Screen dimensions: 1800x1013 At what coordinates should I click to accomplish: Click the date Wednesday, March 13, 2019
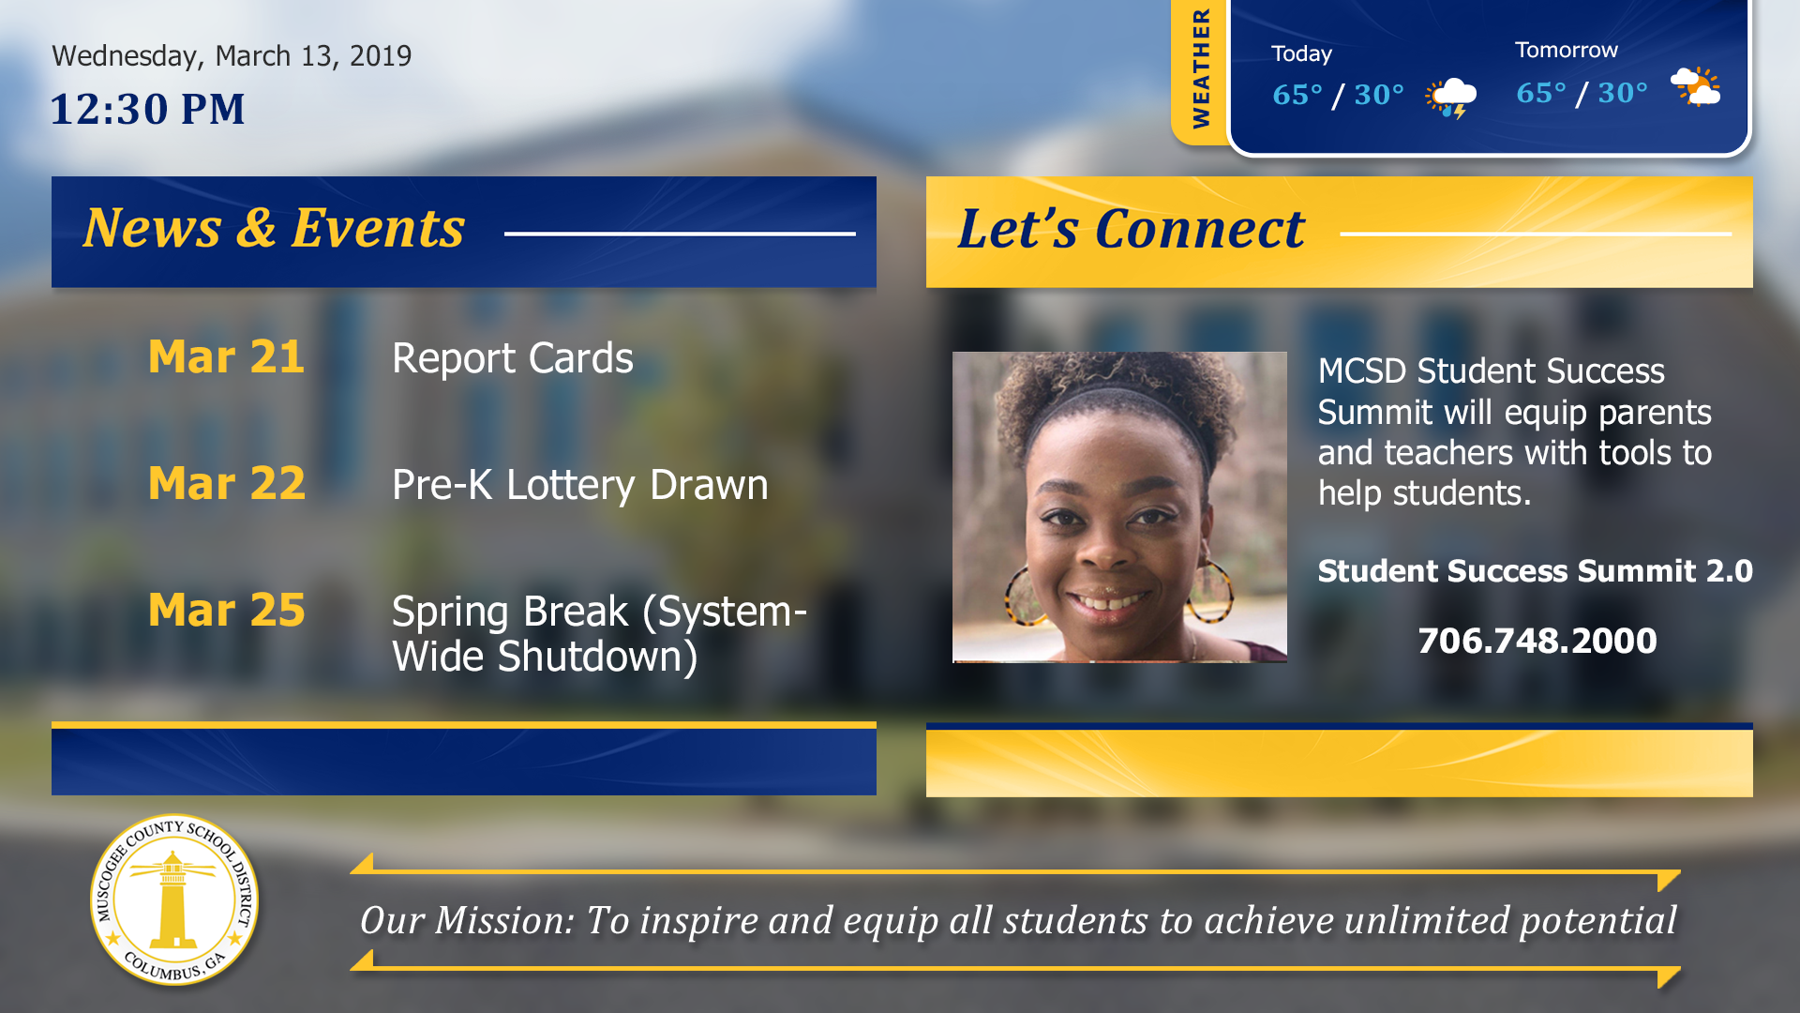tap(232, 56)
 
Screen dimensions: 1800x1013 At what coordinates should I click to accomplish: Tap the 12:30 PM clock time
tap(147, 109)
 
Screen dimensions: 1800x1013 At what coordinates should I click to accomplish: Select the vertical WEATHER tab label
tap(1201, 68)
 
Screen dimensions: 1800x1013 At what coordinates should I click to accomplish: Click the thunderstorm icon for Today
tap(1451, 98)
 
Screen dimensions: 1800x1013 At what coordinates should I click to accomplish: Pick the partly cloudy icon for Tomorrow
tap(1696, 87)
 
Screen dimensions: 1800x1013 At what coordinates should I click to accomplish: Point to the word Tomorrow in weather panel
tap(1567, 50)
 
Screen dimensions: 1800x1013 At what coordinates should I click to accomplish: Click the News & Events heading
tap(274, 228)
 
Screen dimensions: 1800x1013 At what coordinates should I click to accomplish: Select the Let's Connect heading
tap(1132, 229)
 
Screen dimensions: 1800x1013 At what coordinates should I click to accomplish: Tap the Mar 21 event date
tap(226, 356)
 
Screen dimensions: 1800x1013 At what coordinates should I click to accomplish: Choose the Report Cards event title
tap(513, 357)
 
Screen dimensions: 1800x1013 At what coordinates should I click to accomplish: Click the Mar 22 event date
tap(227, 483)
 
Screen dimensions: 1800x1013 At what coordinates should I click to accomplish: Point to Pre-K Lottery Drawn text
tap(580, 485)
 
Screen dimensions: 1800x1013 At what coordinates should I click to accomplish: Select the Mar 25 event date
tap(227, 610)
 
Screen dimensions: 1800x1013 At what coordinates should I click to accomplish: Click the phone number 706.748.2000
tap(1537, 641)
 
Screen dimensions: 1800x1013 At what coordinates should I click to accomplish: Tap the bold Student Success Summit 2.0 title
tap(1536, 570)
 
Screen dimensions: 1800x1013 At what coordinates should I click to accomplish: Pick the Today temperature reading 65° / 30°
tap(1338, 95)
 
